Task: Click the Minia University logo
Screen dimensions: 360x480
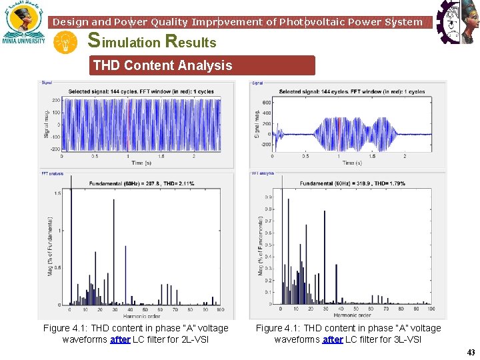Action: click(25, 24)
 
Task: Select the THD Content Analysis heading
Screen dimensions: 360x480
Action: click(163, 65)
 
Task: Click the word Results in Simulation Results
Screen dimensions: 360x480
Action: click(191, 42)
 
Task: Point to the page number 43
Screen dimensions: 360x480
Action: click(471, 353)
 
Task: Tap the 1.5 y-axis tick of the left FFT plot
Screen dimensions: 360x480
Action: click(59, 193)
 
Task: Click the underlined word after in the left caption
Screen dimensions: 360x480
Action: click(120, 339)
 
